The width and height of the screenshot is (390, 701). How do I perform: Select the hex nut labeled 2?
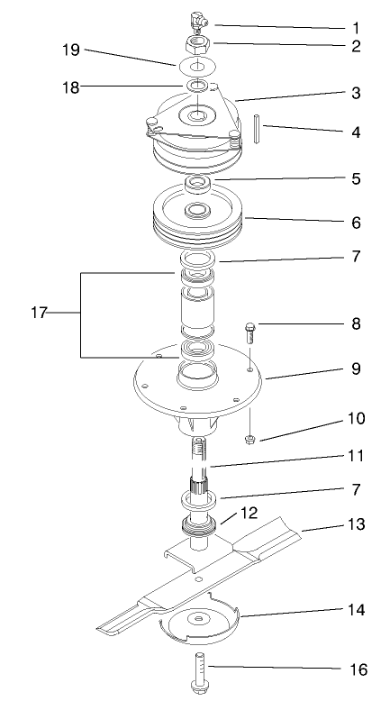(195, 42)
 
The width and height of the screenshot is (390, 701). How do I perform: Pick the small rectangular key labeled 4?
(257, 126)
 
